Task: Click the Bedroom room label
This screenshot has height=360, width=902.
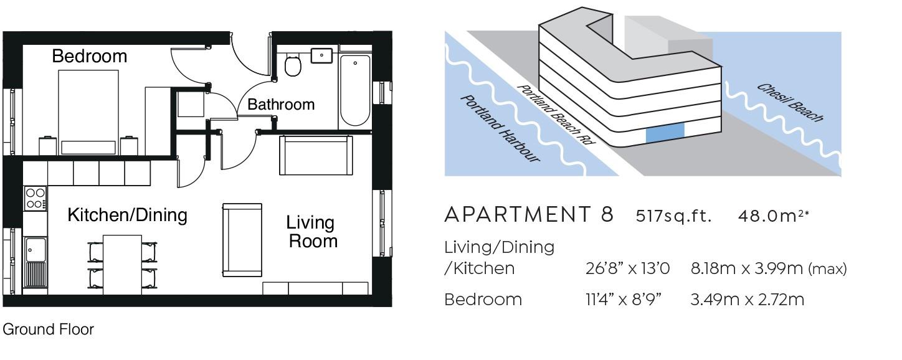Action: [90, 56]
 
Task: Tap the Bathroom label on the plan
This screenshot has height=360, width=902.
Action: [281, 104]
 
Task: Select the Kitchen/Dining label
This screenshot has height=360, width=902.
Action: [127, 215]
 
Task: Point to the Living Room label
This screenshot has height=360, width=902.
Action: [311, 232]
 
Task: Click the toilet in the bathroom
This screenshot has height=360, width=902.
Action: [293, 65]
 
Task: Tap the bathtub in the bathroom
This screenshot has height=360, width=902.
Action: [355, 90]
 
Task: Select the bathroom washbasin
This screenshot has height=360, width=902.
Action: [321, 55]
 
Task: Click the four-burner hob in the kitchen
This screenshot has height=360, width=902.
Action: [35, 198]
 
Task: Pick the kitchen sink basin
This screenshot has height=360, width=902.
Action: [35, 250]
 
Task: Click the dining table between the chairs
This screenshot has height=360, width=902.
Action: [122, 265]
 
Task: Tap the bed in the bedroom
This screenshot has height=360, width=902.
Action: [88, 112]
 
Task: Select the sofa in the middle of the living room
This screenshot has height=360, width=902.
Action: [242, 240]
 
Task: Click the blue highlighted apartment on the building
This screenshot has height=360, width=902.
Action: [665, 133]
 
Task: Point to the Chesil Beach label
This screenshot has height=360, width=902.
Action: [790, 103]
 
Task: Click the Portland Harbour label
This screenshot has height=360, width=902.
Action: [500, 129]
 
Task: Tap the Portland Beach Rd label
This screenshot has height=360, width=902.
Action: [556, 114]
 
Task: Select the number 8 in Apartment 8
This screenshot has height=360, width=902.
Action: [607, 214]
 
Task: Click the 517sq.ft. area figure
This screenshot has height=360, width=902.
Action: [673, 216]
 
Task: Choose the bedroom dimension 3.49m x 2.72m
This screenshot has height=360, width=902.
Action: [747, 300]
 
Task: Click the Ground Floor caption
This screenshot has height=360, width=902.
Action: [49, 329]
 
